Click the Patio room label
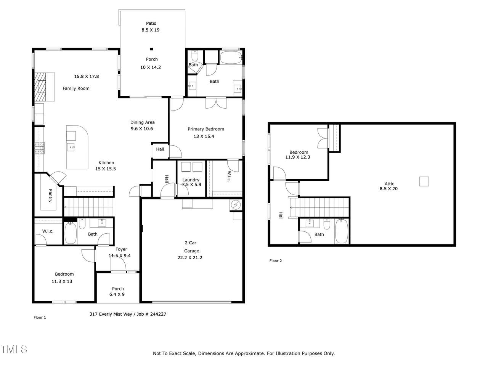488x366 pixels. coord(151,23)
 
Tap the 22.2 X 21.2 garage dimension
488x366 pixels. coord(189,258)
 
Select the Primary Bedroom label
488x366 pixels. coord(205,129)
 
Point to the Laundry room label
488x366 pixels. coord(191,180)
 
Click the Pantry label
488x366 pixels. coord(50,196)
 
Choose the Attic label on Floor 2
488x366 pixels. coord(389,184)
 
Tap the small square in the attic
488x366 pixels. coord(424,181)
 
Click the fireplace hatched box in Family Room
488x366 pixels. coord(40,87)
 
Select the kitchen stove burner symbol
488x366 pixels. coord(40,148)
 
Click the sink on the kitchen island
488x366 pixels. coord(71,147)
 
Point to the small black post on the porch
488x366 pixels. coord(151,49)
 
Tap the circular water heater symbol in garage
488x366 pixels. coord(236,205)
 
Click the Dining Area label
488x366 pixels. coord(142,122)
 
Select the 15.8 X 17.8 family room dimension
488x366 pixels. coord(86,77)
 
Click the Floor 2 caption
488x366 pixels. coord(276,261)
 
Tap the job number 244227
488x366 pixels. coord(158,314)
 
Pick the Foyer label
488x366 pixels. coord(121,249)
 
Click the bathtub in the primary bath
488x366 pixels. coord(231,58)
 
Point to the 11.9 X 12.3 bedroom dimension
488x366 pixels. coord(297,157)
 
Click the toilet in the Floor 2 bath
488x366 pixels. coord(327,224)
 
